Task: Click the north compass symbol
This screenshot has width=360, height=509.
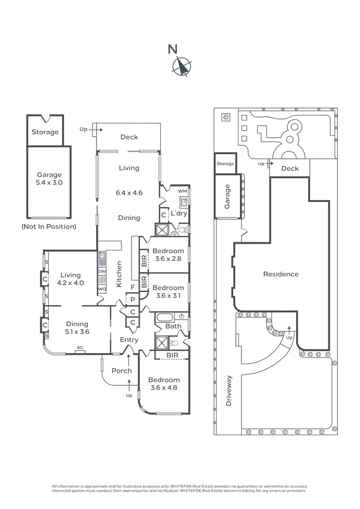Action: (182, 66)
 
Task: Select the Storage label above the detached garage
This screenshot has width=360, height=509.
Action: (45, 132)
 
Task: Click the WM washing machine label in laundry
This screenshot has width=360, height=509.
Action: (182, 191)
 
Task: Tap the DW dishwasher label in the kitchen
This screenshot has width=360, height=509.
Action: (102, 272)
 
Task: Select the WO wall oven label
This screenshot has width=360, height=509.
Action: (102, 289)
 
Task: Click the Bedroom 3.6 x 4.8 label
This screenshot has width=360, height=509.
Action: (164, 384)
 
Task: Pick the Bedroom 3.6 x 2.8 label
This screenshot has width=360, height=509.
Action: (168, 255)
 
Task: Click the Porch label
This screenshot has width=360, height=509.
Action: (121, 370)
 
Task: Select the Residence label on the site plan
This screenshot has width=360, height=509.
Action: (281, 274)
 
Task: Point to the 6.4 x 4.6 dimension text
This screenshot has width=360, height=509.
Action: (129, 193)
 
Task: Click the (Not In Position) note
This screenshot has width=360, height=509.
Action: (49, 226)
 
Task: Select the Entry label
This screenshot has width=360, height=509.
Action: (129, 340)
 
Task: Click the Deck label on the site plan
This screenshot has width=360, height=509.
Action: (289, 168)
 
